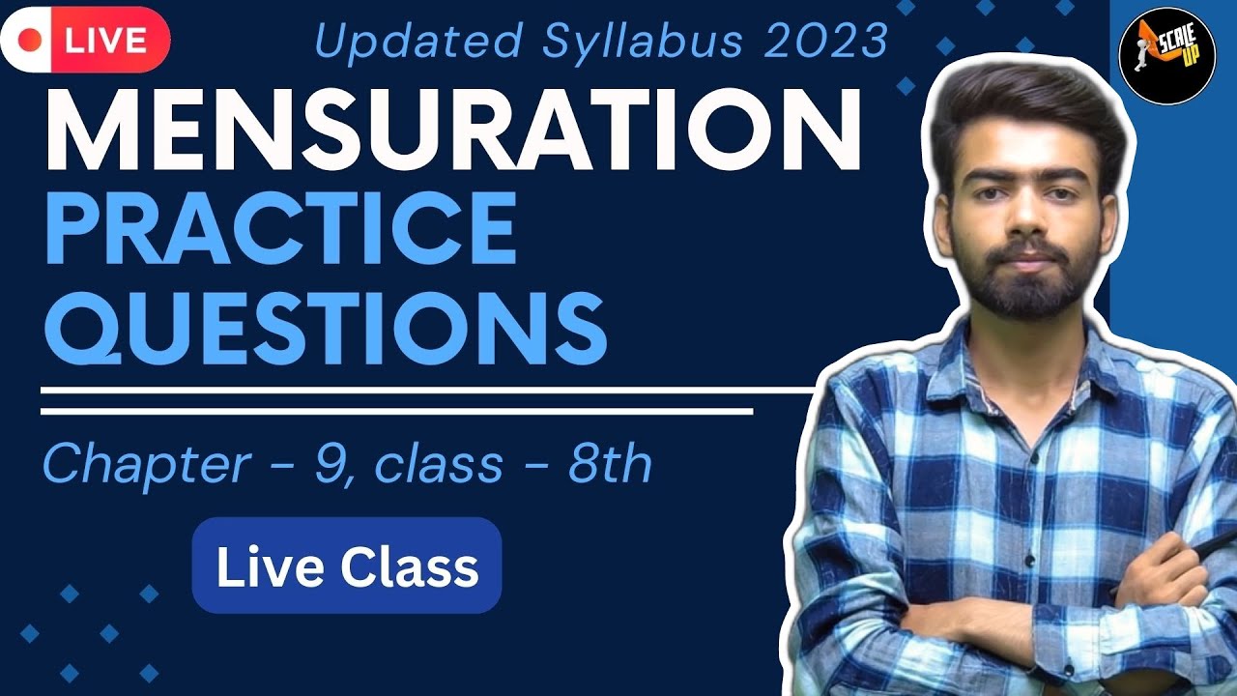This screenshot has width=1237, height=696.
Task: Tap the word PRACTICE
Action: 280,229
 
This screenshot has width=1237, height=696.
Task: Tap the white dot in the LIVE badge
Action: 31,41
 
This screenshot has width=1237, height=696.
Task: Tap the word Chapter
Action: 146,466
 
